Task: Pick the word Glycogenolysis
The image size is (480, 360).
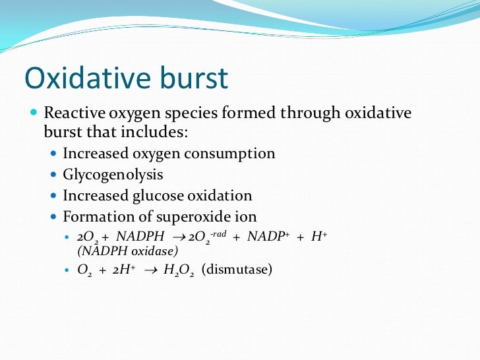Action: [113, 175]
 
